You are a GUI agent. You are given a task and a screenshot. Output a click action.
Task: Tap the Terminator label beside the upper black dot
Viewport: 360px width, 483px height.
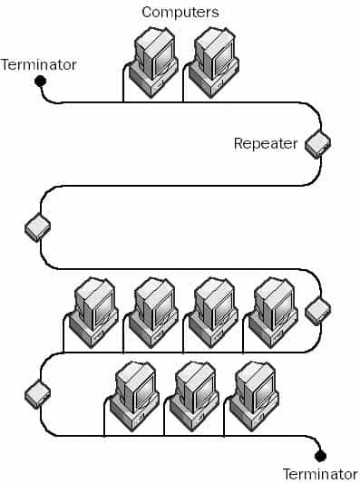coord(39,64)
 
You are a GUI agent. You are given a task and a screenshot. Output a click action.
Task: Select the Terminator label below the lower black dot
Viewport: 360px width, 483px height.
coord(320,473)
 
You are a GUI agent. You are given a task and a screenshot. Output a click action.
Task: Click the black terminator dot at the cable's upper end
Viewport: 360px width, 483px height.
coord(40,82)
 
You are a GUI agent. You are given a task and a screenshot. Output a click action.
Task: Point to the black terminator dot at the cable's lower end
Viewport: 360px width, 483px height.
coord(319,455)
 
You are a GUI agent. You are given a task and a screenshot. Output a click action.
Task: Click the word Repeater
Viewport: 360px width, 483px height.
coord(266,143)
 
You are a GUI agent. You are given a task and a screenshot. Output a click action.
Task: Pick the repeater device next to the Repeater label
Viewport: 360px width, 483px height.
coord(317,142)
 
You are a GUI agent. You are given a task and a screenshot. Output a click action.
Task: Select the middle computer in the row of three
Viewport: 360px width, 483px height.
coord(193,395)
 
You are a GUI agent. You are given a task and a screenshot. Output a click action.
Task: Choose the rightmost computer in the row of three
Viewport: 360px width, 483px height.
coord(253,395)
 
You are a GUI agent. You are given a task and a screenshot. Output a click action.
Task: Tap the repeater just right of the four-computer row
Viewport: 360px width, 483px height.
coord(317,310)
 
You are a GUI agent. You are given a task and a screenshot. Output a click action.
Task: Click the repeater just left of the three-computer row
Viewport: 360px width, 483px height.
coord(37,393)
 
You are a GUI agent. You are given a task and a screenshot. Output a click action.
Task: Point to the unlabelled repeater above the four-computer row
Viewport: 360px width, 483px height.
coord(37,227)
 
